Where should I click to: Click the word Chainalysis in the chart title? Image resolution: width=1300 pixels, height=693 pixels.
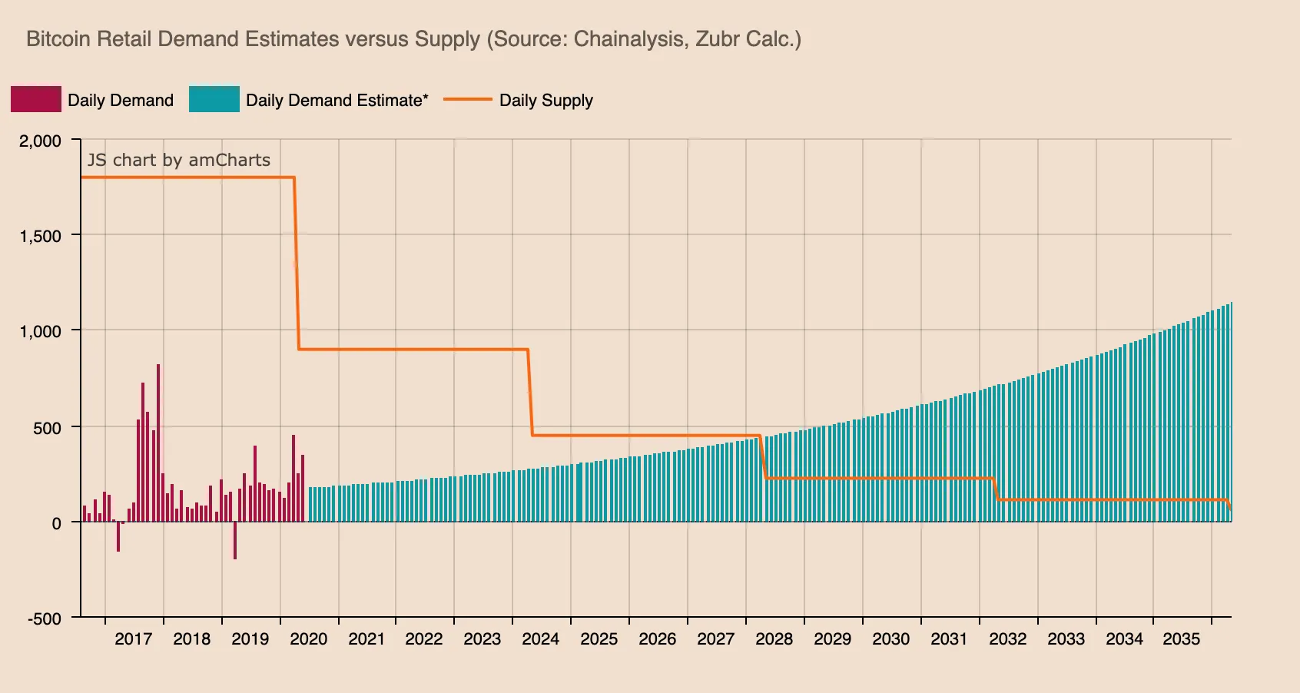[x=630, y=39]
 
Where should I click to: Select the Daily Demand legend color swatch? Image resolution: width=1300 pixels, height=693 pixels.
[x=35, y=100]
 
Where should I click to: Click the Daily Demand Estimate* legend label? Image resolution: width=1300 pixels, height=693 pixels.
[x=337, y=101]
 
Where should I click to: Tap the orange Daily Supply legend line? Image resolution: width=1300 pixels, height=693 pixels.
[x=467, y=100]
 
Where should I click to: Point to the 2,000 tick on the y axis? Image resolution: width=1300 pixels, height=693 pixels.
[x=40, y=141]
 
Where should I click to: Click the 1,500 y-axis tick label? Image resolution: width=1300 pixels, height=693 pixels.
[x=40, y=236]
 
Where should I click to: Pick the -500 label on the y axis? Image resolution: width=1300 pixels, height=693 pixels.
[x=44, y=618]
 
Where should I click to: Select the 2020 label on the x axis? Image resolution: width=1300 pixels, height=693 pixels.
[x=308, y=639]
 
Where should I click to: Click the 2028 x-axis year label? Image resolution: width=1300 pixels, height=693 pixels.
[x=774, y=639]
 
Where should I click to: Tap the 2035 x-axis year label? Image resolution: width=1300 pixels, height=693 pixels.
[x=1181, y=639]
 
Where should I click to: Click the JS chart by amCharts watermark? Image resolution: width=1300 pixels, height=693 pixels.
[x=178, y=160]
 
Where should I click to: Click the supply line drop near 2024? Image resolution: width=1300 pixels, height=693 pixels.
[x=530, y=393]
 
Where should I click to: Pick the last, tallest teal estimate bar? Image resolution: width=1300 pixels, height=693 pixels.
[x=1230, y=415]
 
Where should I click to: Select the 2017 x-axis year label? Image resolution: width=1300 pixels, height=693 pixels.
[x=133, y=639]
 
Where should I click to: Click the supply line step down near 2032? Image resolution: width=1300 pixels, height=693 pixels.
[x=996, y=489]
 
